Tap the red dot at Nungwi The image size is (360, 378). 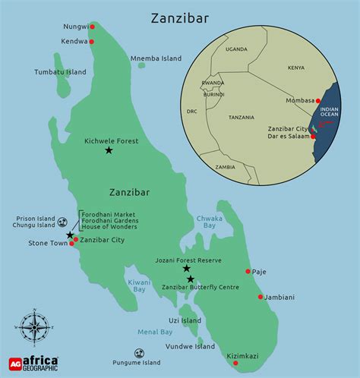[92, 27]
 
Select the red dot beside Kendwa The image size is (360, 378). [92, 42]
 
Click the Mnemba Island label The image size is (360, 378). [156, 58]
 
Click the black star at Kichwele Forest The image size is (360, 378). [109, 151]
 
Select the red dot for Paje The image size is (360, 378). [248, 271]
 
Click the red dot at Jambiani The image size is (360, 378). [261, 297]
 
